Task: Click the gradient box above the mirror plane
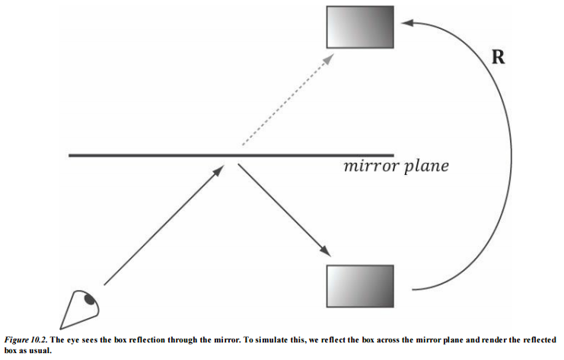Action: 360,28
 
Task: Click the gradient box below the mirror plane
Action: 360,287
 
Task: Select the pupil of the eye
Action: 91,300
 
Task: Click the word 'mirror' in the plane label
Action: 371,165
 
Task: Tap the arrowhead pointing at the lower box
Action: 328,252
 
